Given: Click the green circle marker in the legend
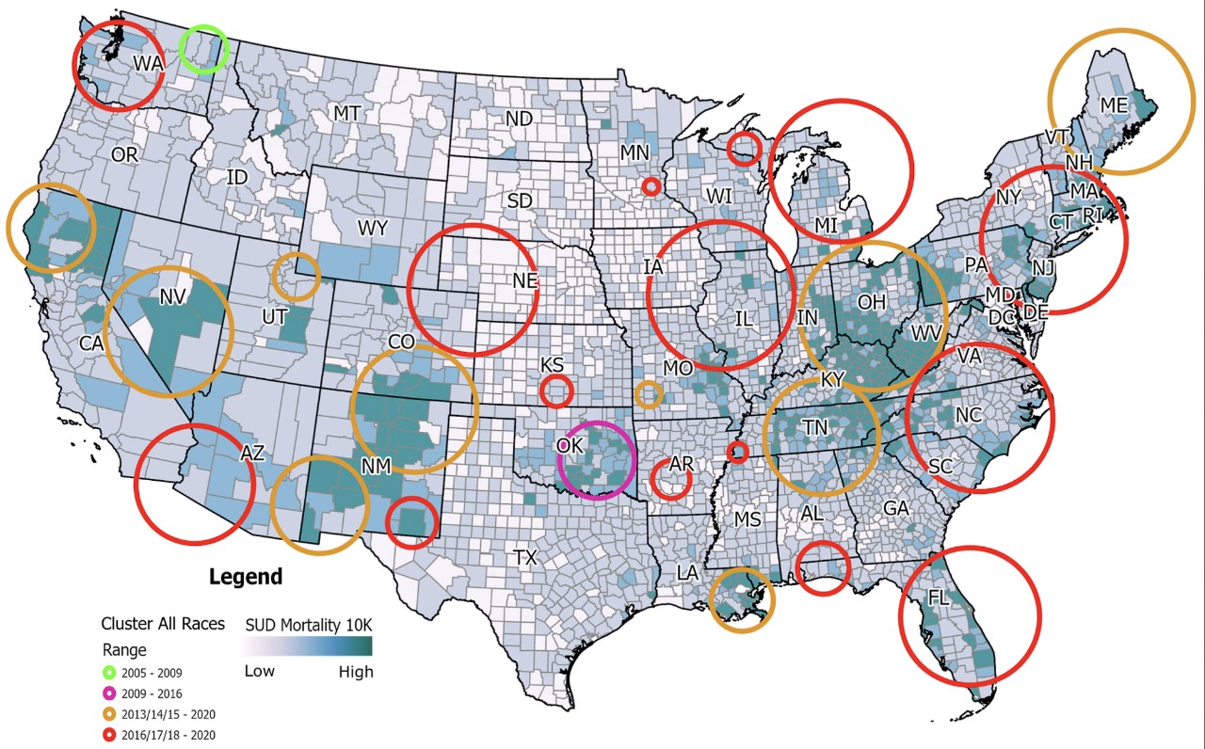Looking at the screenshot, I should (x=109, y=673).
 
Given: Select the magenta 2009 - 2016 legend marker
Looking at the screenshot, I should (x=109, y=693).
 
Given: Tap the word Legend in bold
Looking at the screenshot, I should (x=245, y=576).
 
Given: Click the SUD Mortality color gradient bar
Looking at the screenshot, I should (x=308, y=646).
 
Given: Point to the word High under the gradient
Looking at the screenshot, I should (x=356, y=672).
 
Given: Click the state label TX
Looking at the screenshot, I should (x=525, y=557).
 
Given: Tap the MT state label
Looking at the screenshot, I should (x=346, y=114).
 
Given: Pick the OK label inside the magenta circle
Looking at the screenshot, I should (x=569, y=445).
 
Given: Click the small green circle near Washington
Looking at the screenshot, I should (x=204, y=49).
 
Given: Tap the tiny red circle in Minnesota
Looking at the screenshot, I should (x=651, y=186).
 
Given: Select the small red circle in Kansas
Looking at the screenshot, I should (x=556, y=390).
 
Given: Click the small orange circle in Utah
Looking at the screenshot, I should (x=296, y=276).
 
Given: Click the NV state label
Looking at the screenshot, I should (x=170, y=298).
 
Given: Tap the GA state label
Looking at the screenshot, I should (x=895, y=508).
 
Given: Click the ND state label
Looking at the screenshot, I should (x=519, y=120).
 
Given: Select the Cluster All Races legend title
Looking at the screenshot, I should (x=163, y=624).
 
